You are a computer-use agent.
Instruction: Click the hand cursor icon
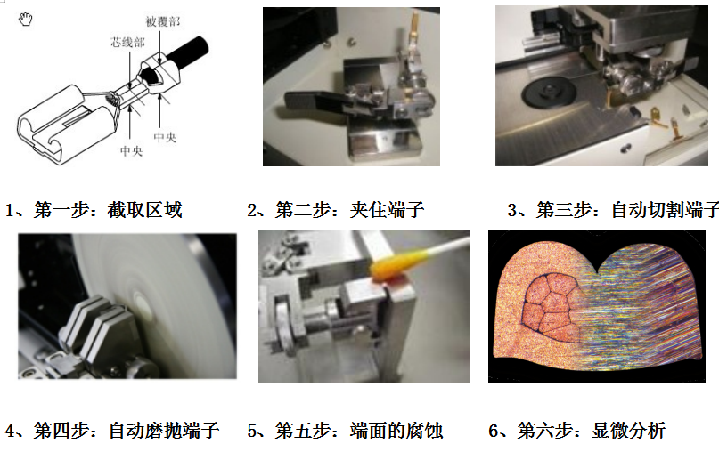coord(26,20)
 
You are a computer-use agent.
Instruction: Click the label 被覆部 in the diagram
coord(163,21)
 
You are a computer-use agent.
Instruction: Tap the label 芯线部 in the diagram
coord(127,43)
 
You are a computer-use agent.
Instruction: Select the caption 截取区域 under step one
coord(145,210)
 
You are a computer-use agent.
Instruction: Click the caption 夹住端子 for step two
coord(387,210)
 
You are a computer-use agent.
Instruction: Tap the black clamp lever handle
coord(313,101)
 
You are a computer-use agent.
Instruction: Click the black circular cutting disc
coord(549,93)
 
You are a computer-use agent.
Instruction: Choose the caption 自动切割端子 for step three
coord(665,210)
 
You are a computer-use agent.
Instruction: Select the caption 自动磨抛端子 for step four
coord(164,431)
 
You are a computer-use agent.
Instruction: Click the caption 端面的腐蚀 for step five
coord(396,431)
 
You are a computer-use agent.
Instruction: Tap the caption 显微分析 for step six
coord(628,431)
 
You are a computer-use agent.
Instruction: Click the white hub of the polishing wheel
coord(143,304)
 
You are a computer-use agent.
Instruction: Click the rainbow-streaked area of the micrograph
coord(642,311)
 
